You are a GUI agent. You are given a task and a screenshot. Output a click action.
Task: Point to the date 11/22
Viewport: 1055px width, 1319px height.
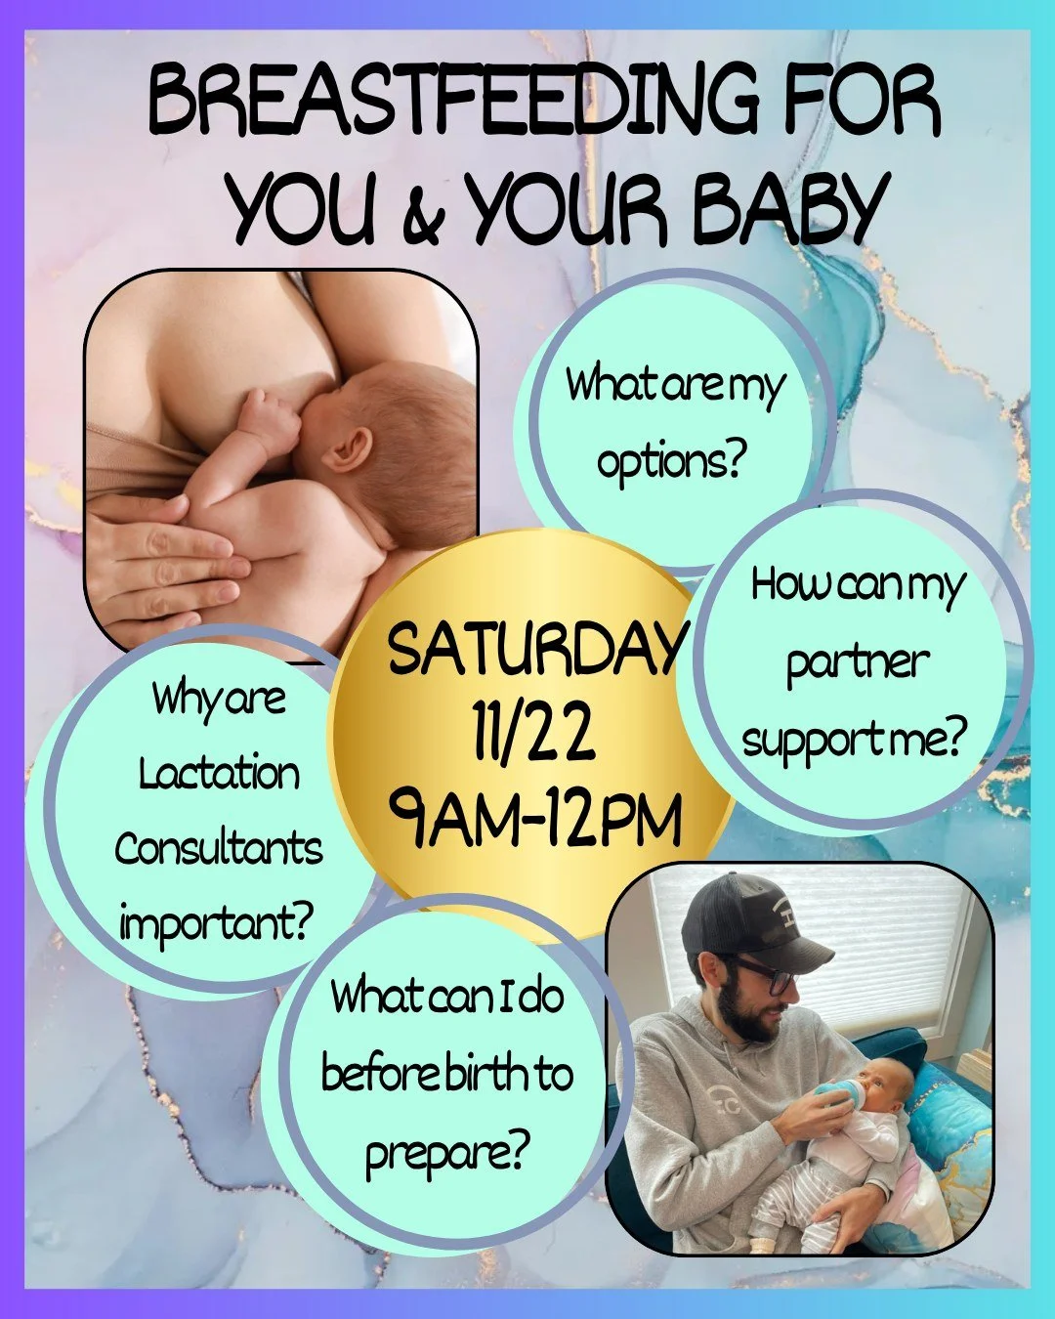[533, 735]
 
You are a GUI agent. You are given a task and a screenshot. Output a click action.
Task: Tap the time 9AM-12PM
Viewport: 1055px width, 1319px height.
[533, 821]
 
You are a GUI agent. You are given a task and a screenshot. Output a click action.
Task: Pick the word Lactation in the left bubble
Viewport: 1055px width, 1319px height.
[219, 775]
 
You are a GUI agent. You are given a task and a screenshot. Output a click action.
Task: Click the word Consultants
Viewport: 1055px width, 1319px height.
[219, 848]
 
